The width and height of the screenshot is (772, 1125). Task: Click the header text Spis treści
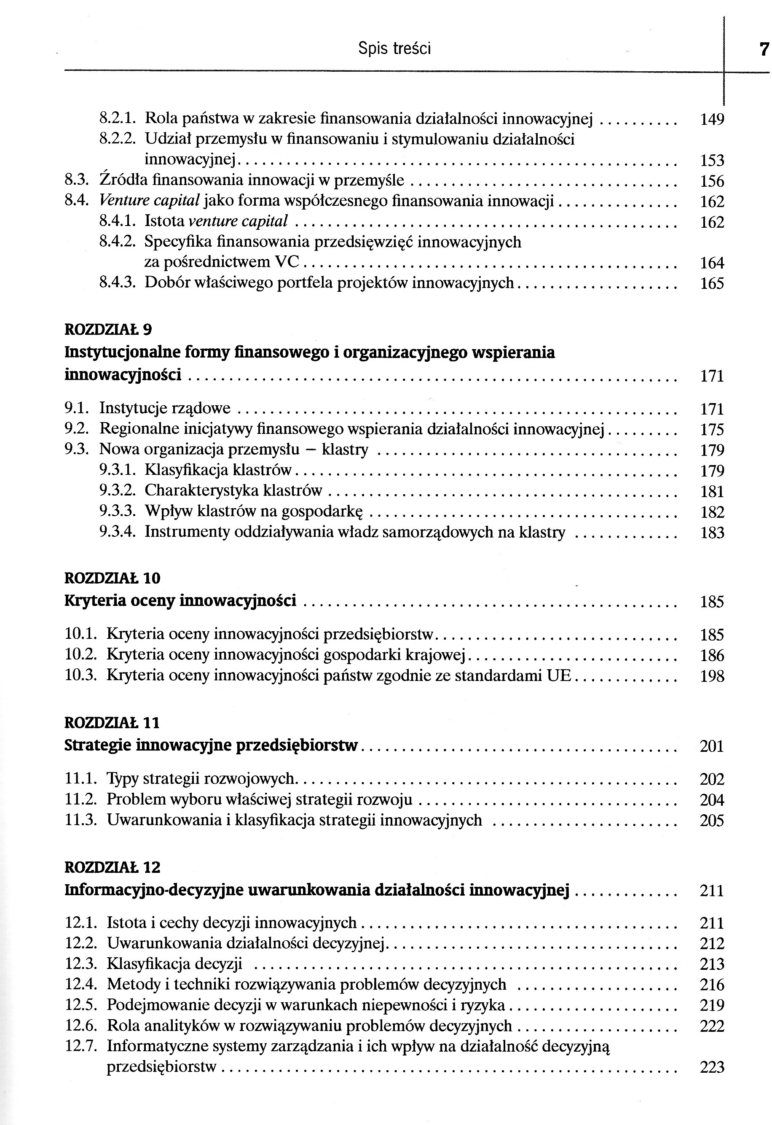click(x=394, y=48)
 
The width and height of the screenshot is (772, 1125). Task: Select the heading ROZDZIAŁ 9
click(x=108, y=330)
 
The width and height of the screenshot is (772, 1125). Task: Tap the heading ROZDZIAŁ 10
click(x=112, y=578)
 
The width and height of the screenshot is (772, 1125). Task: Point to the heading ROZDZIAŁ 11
click(x=112, y=723)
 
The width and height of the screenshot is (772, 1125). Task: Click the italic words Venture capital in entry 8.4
click(x=150, y=201)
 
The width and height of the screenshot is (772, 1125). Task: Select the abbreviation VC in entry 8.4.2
click(x=287, y=262)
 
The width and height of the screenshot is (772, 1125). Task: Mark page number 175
click(x=712, y=430)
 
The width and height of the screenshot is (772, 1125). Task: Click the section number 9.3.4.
click(x=117, y=532)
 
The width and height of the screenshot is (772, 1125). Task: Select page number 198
click(x=712, y=676)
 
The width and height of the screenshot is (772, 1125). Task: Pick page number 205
click(x=712, y=821)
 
